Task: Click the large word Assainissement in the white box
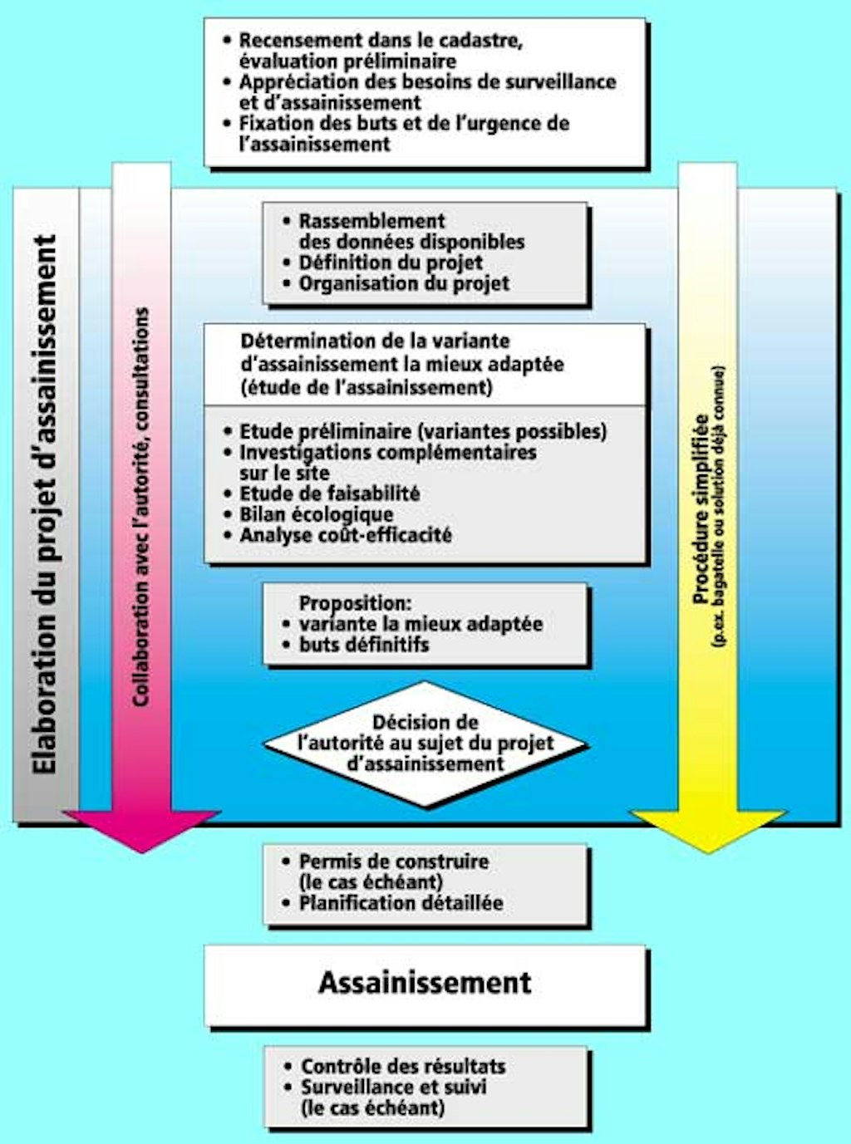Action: [425, 983]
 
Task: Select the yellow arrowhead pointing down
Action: [707, 830]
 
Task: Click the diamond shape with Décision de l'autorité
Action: [425, 744]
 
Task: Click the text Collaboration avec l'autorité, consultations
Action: [141, 507]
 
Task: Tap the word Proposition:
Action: [355, 603]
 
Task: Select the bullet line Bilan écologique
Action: [316, 514]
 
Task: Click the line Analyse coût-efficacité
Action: [345, 535]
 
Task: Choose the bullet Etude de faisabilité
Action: [329, 493]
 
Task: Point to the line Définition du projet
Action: [391, 263]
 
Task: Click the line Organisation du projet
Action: [404, 283]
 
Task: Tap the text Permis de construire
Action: [393, 862]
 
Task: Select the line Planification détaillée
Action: [401, 903]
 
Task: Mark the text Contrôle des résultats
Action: [402, 1066]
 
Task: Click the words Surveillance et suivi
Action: [393, 1087]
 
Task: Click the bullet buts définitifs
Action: [364, 645]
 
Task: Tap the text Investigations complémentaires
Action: [388, 453]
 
